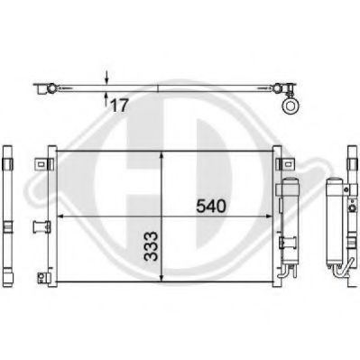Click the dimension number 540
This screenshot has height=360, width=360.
(x=210, y=207)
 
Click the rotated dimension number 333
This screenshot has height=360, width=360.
(x=151, y=246)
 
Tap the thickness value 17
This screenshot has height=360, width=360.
(x=119, y=106)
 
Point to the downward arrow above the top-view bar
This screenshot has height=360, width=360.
(x=106, y=78)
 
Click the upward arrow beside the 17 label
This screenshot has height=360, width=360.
(x=106, y=99)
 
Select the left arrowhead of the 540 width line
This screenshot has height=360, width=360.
(x=60, y=216)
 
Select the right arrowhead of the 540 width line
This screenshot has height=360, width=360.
(x=270, y=216)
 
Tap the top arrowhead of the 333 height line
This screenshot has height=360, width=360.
(x=162, y=155)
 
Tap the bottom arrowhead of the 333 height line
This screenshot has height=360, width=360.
(x=162, y=279)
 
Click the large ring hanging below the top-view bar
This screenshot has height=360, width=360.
(x=291, y=106)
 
